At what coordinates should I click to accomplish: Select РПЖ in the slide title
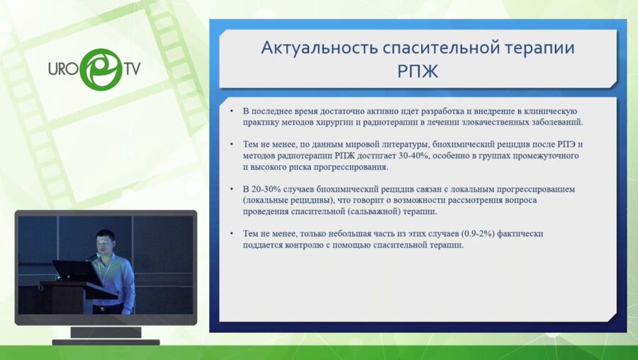point(418,72)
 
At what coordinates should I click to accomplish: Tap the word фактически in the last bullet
point(518,234)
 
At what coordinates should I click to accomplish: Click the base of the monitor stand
point(106,341)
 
